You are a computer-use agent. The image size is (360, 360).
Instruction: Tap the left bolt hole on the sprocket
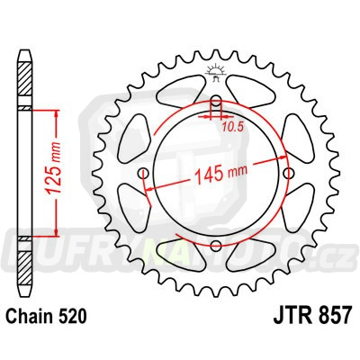click(x=144, y=173)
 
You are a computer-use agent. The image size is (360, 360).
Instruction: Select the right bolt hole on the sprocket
click(x=288, y=173)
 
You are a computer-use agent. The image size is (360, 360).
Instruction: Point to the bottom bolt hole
click(x=216, y=245)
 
